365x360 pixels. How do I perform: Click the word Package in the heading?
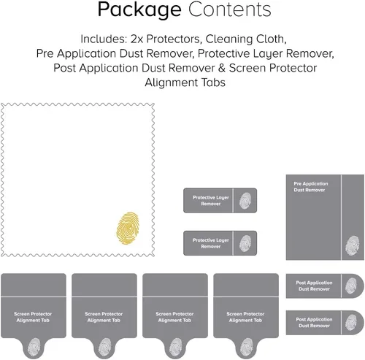pos(139,10)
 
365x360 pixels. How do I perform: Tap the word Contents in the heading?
pos(229,9)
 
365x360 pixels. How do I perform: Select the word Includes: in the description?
pos(104,39)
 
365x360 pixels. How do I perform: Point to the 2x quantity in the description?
pos(137,39)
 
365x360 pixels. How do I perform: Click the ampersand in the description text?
pos(222,68)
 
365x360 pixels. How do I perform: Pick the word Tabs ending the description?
pos(213,83)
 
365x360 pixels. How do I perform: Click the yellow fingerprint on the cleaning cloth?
pos(128,228)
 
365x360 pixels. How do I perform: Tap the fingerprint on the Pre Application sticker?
pos(352,245)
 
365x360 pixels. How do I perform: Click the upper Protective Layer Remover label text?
pos(211,201)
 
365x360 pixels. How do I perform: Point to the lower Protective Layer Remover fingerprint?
pos(245,243)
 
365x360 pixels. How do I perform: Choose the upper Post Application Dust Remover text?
pos(314,286)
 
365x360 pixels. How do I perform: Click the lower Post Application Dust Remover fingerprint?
pos(351,323)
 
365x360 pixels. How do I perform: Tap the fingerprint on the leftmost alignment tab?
pos(34,348)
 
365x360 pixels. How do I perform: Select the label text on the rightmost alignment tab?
pos(245,317)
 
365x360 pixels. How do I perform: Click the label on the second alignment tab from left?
pos(104,317)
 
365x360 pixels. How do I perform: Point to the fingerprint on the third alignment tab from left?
pos(175,348)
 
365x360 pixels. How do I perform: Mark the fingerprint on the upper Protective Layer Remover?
pos(245,201)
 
